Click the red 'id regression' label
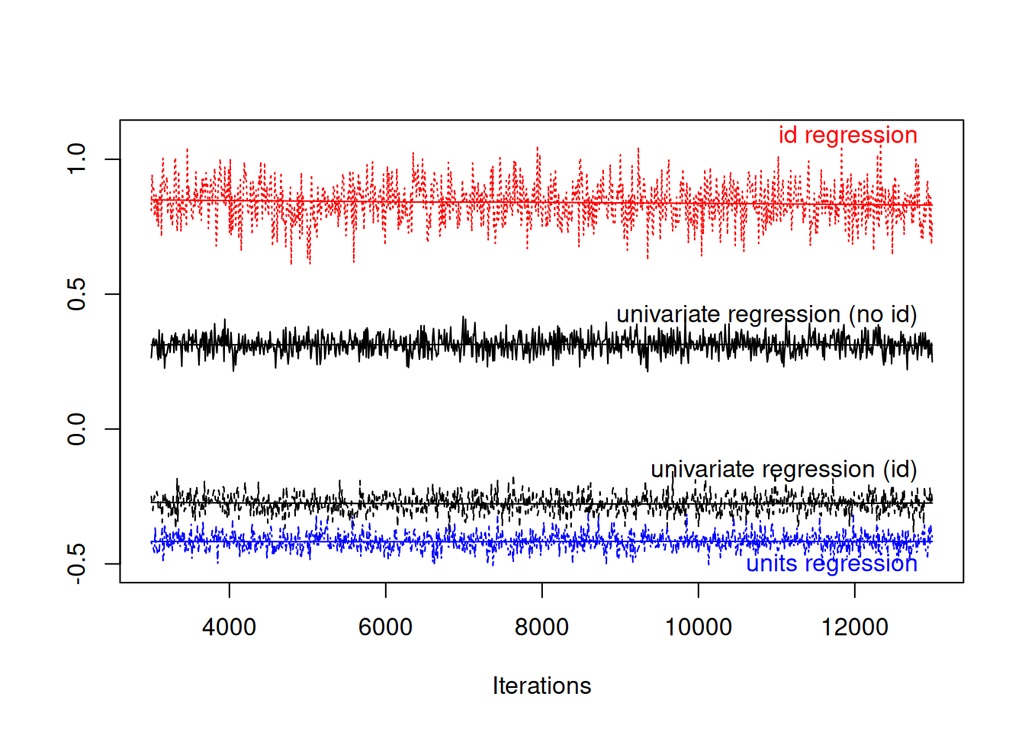tap(847, 135)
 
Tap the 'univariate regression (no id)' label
tap(766, 314)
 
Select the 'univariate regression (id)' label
tap(783, 469)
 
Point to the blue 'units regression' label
tap(831, 563)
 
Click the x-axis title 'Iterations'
tap(541, 685)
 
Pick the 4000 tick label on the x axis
tap(229, 627)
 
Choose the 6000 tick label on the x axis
tap(385, 627)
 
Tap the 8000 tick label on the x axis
tap(541, 627)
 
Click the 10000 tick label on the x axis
tap(698, 627)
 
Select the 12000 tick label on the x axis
tap(854, 627)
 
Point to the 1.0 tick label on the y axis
tap(76, 159)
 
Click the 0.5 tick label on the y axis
tap(76, 294)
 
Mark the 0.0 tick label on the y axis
tap(76, 429)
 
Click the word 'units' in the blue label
tap(773, 563)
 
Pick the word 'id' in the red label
tap(788, 135)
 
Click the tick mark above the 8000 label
tap(541, 590)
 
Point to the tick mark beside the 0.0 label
tap(112, 429)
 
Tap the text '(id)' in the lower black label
tap(899, 469)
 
